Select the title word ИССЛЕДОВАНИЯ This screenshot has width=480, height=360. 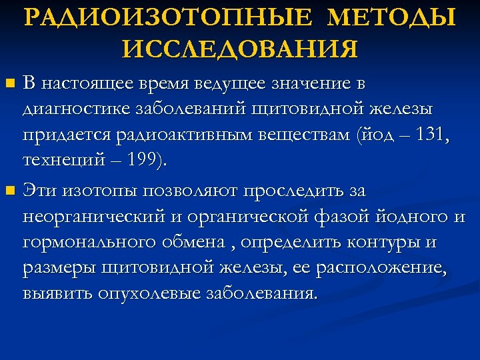pos(241,47)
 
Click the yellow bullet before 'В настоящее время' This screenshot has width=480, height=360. pos(9,85)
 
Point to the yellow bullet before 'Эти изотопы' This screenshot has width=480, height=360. pos(9,191)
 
